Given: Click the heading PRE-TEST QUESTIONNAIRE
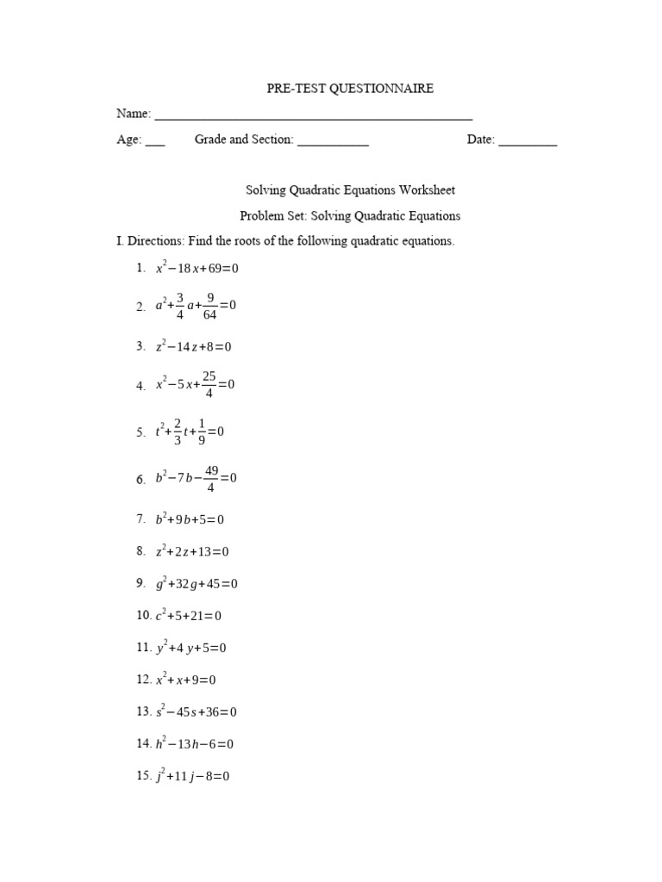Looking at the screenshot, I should tap(349, 88).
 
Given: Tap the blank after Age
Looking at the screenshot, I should tap(155, 143).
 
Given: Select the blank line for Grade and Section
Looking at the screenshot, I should tap(334, 143).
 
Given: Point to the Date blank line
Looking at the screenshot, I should tap(528, 143).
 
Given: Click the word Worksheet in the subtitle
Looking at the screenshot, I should tap(426, 190).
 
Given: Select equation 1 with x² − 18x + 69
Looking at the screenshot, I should tap(197, 269).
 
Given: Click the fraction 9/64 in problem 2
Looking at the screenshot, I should tap(209, 307).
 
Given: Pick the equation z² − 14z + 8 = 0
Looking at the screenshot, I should tap(194, 347).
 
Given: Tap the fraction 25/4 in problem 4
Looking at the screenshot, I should tap(209, 385).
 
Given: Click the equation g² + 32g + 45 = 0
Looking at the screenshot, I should tap(197, 584).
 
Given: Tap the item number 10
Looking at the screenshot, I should tap(143, 616).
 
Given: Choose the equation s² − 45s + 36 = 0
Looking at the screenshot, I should tap(197, 712).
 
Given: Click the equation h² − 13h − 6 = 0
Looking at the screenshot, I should tap(195, 744).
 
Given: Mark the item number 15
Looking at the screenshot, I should tap(143, 776).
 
